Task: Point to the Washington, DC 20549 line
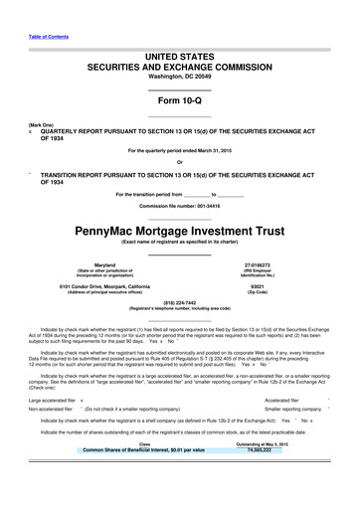(x=179, y=85)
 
